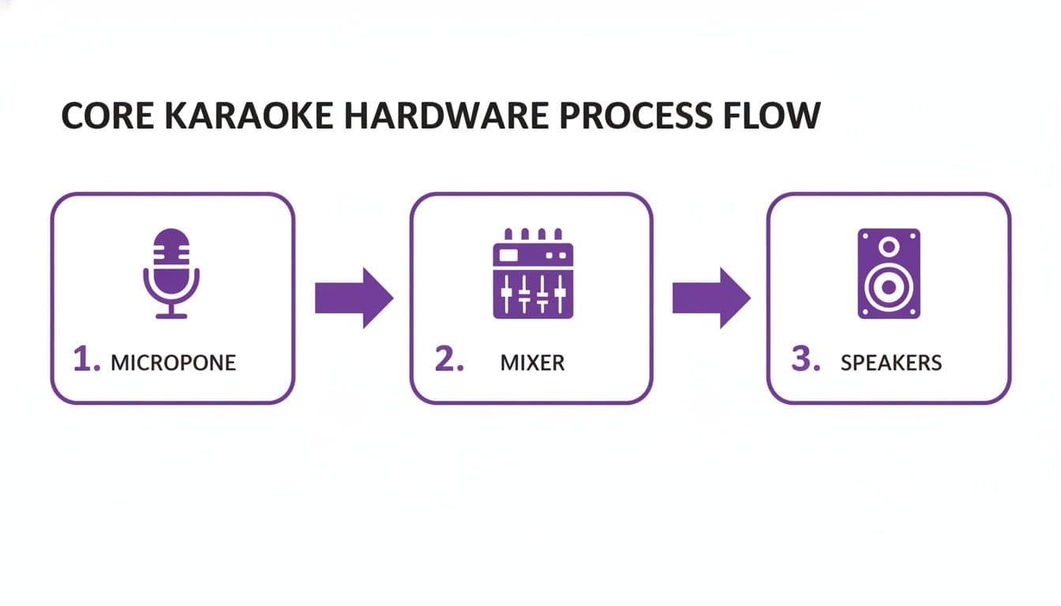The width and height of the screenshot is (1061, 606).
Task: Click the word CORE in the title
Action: click(106, 116)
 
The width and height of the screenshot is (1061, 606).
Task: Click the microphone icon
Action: click(171, 273)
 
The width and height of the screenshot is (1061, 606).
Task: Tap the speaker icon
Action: click(889, 273)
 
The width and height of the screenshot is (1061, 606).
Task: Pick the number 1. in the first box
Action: click(86, 361)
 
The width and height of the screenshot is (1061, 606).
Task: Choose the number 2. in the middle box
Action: click(449, 361)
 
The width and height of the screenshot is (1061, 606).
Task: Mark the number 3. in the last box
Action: click(806, 361)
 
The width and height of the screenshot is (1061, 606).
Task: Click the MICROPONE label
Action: click(173, 363)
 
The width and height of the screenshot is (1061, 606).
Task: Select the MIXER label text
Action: click(533, 363)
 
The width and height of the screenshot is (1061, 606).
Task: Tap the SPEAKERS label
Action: click(891, 363)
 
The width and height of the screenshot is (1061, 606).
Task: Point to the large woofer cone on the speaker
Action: click(889, 287)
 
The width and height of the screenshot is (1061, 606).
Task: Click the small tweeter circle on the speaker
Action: click(889, 247)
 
